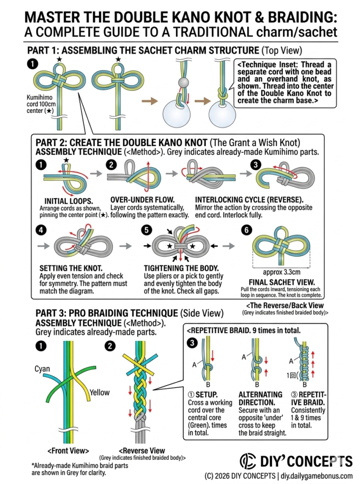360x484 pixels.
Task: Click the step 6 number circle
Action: [246, 229]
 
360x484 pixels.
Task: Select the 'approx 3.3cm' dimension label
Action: [281, 272]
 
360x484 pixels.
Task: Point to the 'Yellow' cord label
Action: [100, 392]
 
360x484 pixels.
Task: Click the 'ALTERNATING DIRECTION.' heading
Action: [260, 398]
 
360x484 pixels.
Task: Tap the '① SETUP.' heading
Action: [203, 394]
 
